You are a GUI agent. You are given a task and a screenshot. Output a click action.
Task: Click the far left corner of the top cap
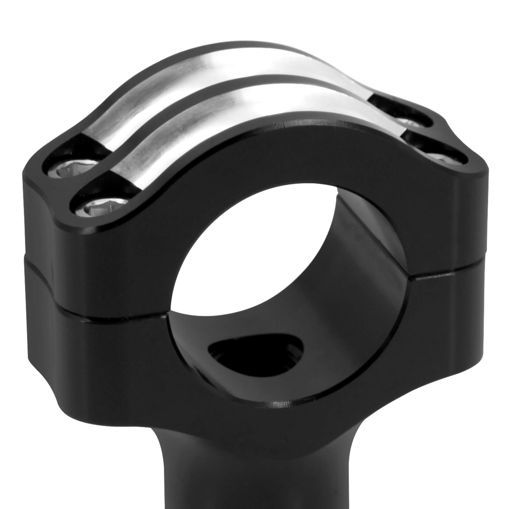pos(27,172)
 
